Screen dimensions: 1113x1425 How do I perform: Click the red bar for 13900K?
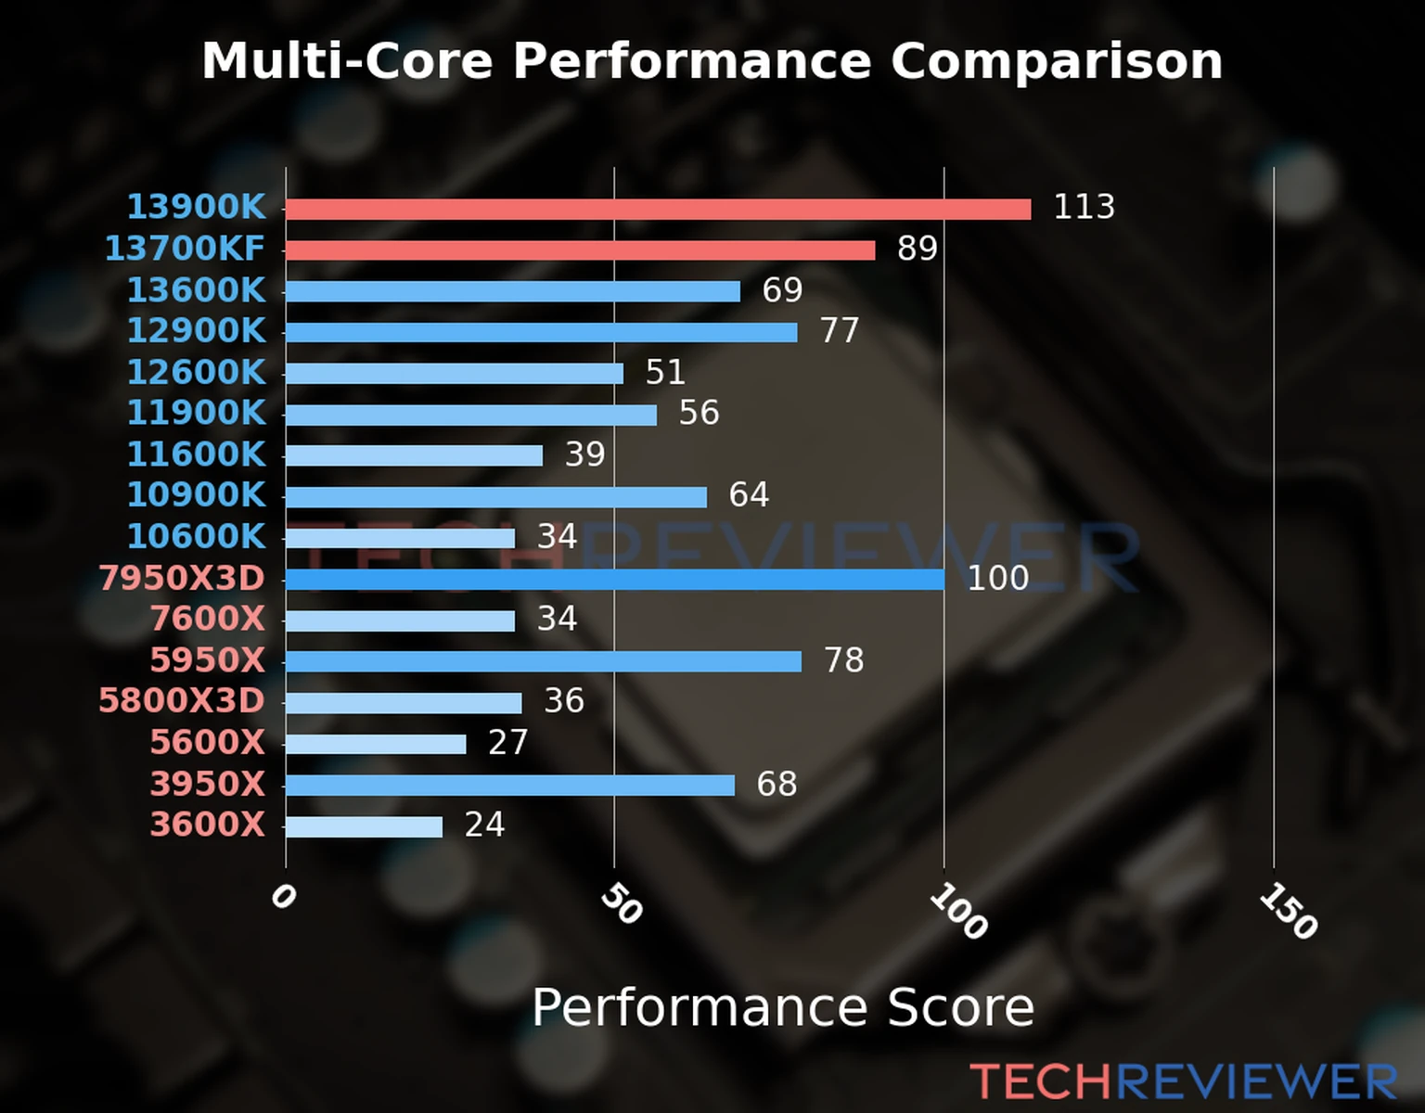(x=658, y=210)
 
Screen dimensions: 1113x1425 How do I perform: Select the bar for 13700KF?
(x=580, y=250)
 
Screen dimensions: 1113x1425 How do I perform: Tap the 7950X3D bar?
(x=614, y=580)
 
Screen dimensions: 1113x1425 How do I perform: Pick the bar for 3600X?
(x=364, y=826)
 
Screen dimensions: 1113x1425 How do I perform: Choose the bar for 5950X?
(x=543, y=661)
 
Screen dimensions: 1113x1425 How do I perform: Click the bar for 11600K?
(x=414, y=455)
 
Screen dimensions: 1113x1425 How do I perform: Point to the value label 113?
(x=1084, y=207)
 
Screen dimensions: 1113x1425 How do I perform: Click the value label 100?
(x=997, y=578)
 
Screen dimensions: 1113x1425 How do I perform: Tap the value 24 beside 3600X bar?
(x=484, y=825)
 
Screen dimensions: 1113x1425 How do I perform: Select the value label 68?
(x=777, y=784)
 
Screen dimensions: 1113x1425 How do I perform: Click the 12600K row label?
(x=196, y=372)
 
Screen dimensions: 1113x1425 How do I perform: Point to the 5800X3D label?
(x=182, y=700)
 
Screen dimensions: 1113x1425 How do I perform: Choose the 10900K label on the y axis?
(x=196, y=494)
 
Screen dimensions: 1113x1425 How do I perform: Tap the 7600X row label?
(x=208, y=619)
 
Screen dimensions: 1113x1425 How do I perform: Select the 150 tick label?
(x=1289, y=911)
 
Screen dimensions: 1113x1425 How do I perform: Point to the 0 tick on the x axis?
(x=283, y=896)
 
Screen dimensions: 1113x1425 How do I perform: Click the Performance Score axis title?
(x=782, y=1007)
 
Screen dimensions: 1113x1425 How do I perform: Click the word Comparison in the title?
(x=1056, y=61)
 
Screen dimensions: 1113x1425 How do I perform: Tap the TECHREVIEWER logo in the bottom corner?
(x=1183, y=1081)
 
